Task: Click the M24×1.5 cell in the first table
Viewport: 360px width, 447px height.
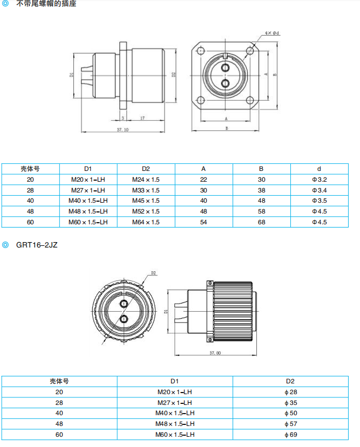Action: point(146,179)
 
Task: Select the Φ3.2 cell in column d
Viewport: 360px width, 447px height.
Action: point(319,179)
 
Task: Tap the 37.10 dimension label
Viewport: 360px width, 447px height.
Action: point(123,130)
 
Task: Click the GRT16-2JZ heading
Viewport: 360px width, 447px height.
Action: point(36,245)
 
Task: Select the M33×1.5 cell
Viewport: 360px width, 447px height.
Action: point(146,190)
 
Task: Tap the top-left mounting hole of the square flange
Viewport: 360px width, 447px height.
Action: point(201,51)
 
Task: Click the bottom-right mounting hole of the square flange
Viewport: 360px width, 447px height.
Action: point(250,100)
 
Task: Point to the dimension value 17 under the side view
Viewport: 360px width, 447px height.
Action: point(142,118)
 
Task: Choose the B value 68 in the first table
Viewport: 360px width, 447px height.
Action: point(261,222)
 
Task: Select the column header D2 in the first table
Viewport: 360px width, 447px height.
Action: point(146,168)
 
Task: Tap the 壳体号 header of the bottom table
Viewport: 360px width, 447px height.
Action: point(59,381)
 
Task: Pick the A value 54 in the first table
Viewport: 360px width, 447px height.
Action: point(203,222)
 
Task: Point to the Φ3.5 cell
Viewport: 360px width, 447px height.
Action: point(319,201)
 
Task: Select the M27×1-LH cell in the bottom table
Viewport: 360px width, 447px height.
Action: point(175,402)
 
